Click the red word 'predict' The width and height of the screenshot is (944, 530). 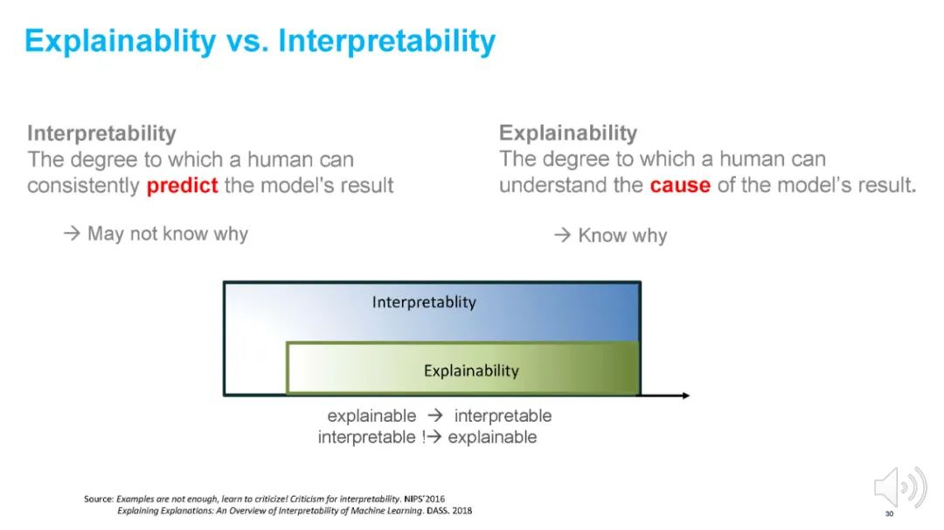click(x=182, y=186)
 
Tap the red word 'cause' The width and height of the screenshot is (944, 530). click(x=680, y=185)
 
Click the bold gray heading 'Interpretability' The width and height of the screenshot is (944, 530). click(x=101, y=133)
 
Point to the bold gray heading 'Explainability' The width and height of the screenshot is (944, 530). click(x=568, y=133)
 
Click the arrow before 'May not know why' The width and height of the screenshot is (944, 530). click(x=72, y=233)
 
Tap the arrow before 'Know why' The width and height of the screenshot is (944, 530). click(x=562, y=235)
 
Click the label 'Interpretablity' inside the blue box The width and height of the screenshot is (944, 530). click(x=424, y=302)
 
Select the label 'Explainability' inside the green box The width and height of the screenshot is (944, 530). click(x=471, y=370)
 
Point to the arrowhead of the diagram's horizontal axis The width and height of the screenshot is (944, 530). click(x=686, y=396)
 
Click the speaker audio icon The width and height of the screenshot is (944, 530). click(x=900, y=487)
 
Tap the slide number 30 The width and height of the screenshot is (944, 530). click(x=889, y=513)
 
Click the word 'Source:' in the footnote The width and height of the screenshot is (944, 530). click(x=99, y=499)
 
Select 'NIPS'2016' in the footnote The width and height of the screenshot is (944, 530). click(x=425, y=499)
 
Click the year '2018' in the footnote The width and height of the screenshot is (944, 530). click(x=462, y=511)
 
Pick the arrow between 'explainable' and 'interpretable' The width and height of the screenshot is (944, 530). click(x=435, y=415)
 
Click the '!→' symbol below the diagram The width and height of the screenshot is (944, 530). click(x=431, y=437)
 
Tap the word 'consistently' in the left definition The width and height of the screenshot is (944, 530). click(x=83, y=186)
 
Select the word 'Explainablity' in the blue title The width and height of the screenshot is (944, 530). click(x=120, y=42)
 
